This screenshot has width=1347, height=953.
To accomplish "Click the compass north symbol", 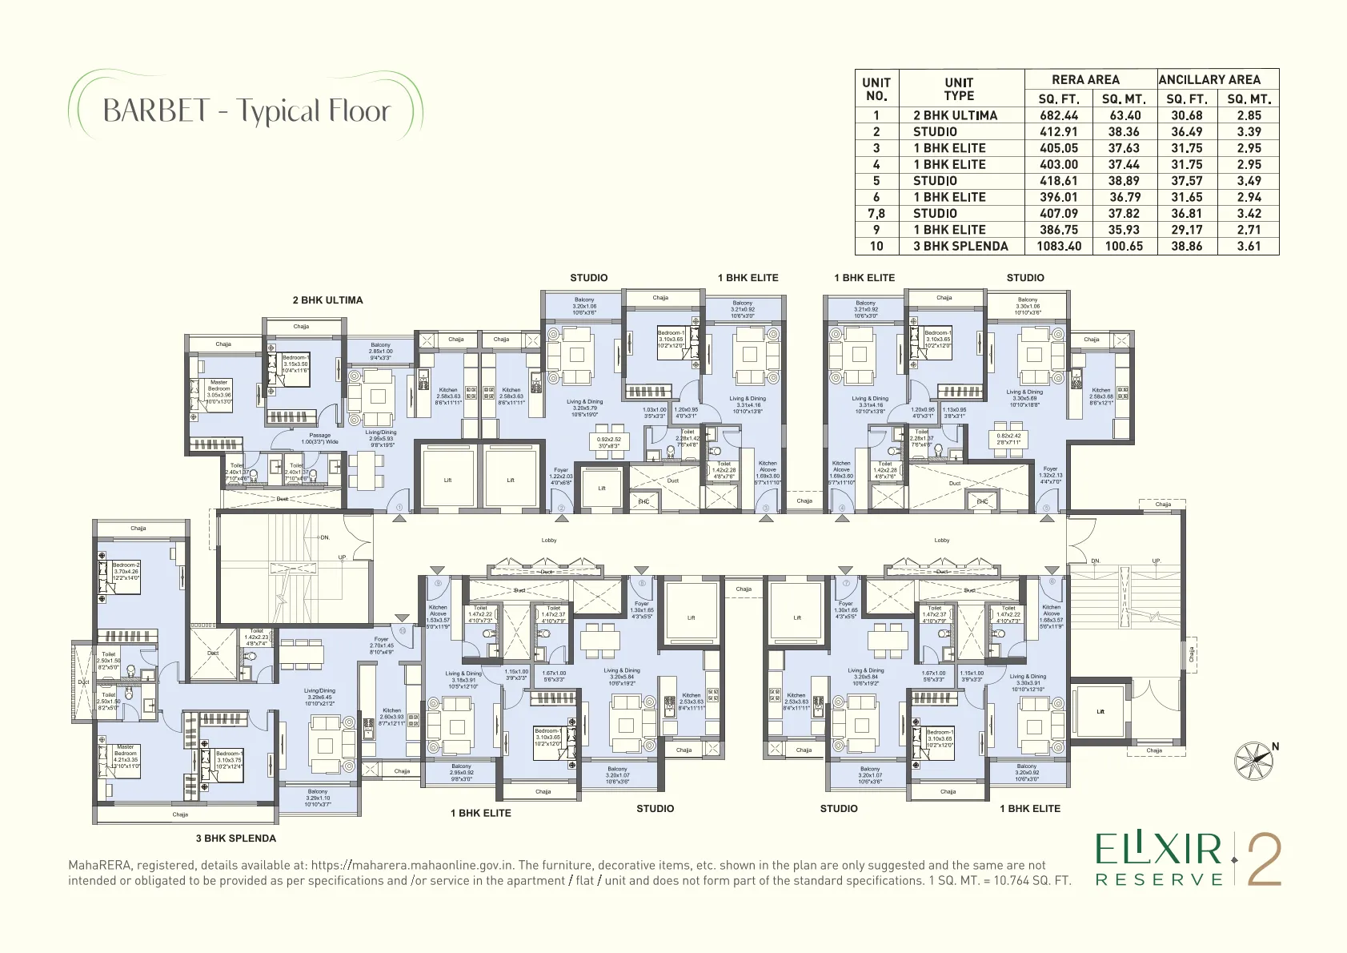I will click(x=1254, y=761).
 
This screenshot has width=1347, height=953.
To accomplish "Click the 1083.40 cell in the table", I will click(x=1058, y=247).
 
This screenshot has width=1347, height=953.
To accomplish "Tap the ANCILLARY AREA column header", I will click(x=1209, y=79).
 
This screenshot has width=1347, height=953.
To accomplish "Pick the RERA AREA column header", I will click(x=1085, y=79).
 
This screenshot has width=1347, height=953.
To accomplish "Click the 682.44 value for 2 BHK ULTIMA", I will click(x=1058, y=115).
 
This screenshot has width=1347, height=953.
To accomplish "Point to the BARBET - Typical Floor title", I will click(x=247, y=111).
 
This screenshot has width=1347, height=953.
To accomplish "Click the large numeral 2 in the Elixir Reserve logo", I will click(x=1265, y=860).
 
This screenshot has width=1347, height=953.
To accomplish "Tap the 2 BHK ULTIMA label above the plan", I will click(x=327, y=300).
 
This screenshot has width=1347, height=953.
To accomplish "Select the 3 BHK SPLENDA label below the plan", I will click(x=236, y=838).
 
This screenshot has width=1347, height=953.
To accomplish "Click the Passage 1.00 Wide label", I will click(x=319, y=439).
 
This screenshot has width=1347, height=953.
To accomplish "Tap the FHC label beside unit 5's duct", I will click(x=982, y=502).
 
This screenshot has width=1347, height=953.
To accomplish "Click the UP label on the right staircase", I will click(x=1156, y=561).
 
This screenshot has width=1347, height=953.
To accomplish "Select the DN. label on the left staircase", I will click(x=324, y=537).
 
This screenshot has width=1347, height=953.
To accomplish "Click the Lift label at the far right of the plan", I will click(x=1100, y=711).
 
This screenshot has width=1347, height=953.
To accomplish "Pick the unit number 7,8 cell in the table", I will click(x=876, y=214).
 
